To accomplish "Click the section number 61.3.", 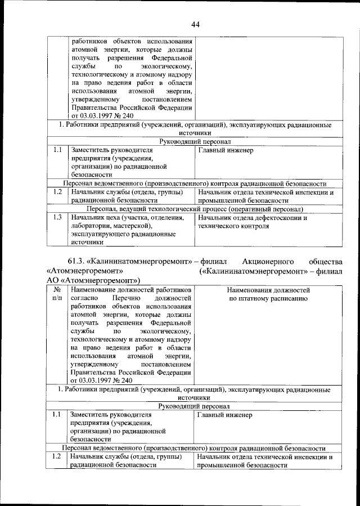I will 78,261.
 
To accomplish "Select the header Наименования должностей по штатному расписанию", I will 268,294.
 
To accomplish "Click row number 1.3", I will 57,218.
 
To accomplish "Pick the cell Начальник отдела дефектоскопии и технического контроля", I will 253,222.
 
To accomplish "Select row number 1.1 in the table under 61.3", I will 57,415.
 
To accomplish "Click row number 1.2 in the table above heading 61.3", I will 57,192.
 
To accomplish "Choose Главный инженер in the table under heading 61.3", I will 225,415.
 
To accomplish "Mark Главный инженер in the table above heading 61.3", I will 225,150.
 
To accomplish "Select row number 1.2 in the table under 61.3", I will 57,457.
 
